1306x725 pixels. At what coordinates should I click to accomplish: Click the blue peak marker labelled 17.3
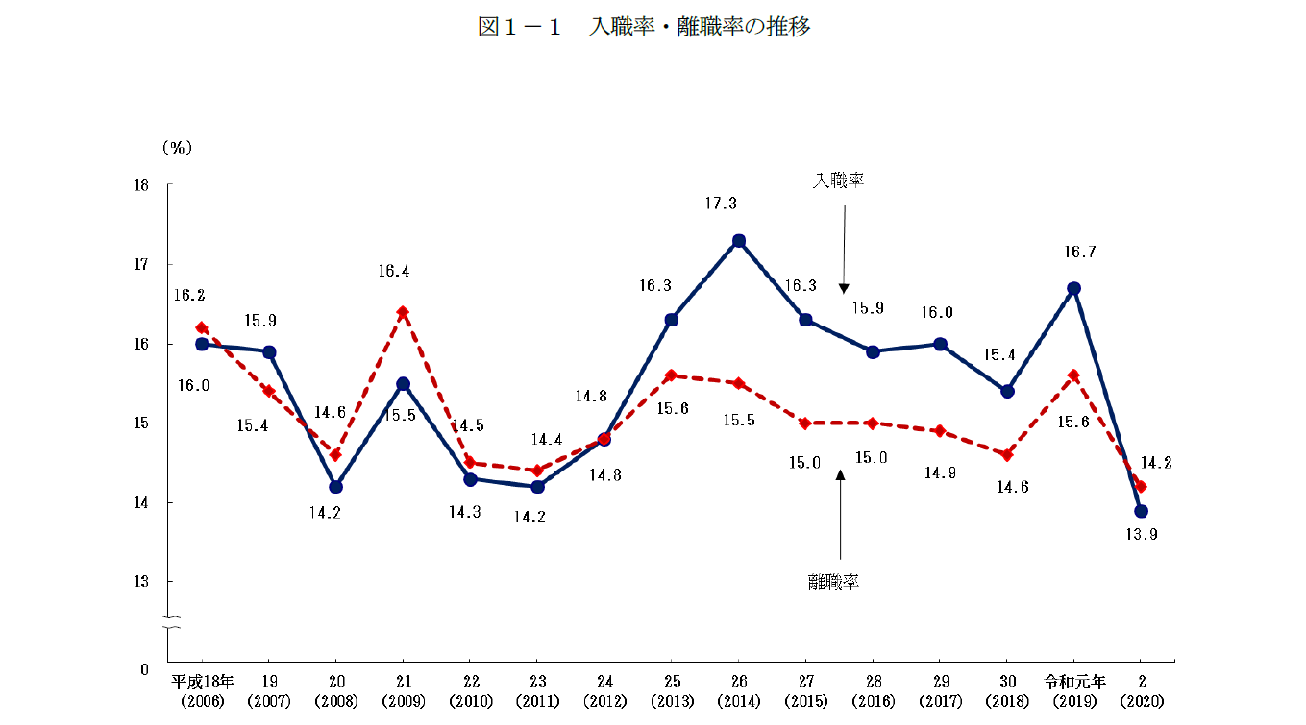coord(739,241)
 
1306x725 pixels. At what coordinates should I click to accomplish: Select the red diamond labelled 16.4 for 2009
coord(403,312)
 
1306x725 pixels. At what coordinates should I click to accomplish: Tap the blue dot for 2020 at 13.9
coord(1141,511)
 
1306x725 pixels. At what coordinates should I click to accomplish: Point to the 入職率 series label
coord(839,181)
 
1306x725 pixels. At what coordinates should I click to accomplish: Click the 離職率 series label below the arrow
coord(833,581)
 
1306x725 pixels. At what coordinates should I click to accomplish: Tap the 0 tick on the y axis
coord(144,667)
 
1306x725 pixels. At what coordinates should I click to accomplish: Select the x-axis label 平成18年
coord(202,682)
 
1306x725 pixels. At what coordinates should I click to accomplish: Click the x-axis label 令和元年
coord(1074,682)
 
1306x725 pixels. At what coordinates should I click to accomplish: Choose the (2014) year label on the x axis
coord(739,702)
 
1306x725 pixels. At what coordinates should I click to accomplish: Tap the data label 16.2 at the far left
coord(189,296)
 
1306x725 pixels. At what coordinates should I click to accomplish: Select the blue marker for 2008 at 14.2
coord(335,487)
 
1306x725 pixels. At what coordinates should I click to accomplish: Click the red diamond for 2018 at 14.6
coord(1007,455)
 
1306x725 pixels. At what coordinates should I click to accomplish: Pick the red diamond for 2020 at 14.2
coord(1141,486)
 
